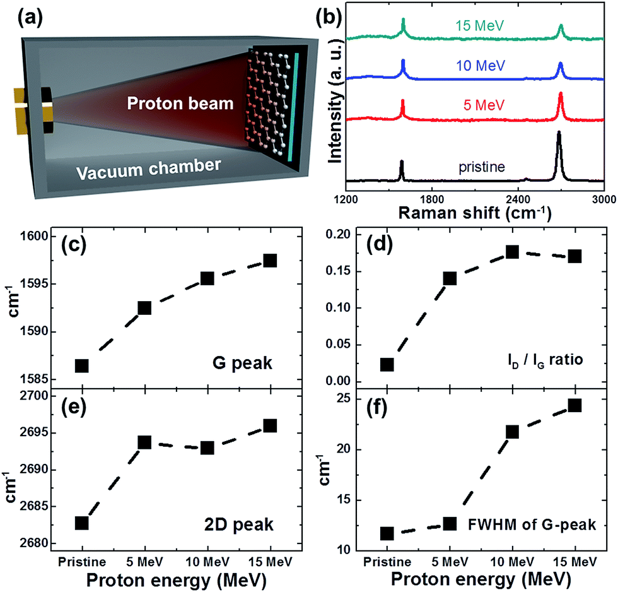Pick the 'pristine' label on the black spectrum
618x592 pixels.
(482, 167)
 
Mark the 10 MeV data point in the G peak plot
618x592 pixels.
(207, 278)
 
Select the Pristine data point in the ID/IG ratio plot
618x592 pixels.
(387, 365)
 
